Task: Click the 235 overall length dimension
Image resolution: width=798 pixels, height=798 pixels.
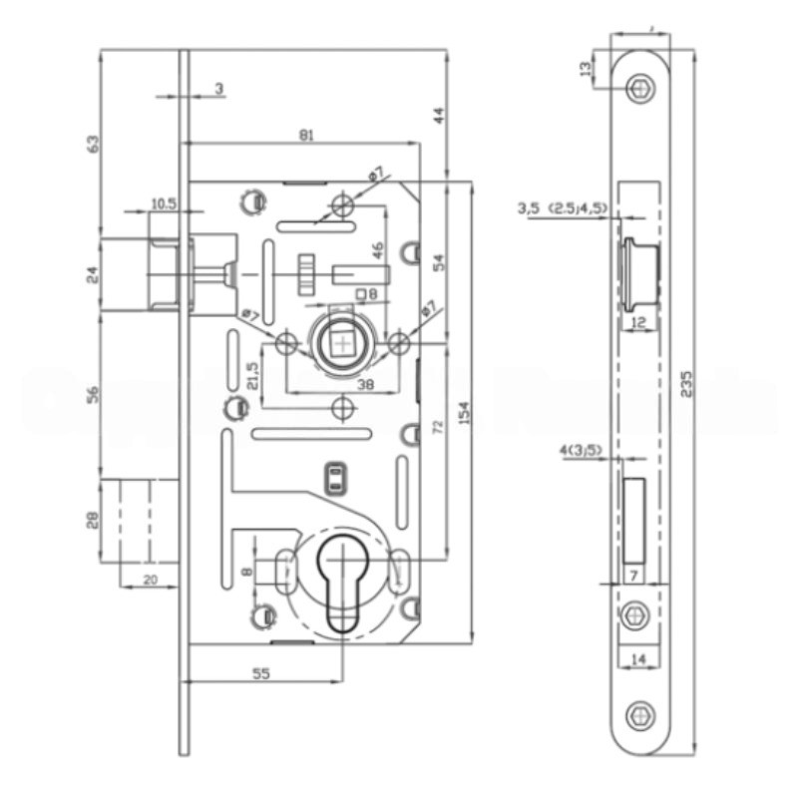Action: click(x=686, y=383)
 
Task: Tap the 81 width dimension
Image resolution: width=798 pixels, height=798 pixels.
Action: click(x=305, y=135)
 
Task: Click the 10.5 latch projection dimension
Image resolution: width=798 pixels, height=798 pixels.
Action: click(x=164, y=203)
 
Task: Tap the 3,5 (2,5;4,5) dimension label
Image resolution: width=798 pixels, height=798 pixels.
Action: click(x=562, y=208)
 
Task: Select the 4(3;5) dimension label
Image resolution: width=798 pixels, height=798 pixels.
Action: click(x=579, y=450)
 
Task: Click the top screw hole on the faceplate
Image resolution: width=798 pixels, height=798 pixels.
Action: click(x=640, y=89)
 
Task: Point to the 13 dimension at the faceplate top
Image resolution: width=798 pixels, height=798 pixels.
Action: click(x=587, y=68)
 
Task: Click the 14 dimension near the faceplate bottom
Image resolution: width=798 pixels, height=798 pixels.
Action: click(x=639, y=660)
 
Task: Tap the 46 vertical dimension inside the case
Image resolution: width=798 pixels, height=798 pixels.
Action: click(x=378, y=249)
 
